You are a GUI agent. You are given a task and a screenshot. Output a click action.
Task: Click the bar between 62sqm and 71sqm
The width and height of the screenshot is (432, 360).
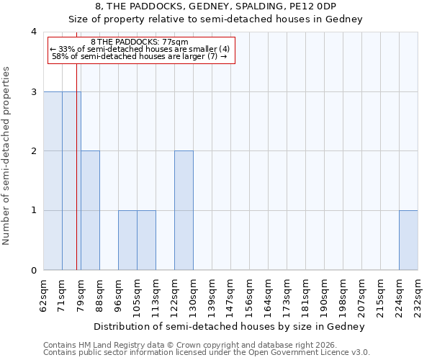[53, 181]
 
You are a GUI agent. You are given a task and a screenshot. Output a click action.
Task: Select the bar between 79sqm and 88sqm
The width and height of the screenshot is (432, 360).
[90, 210]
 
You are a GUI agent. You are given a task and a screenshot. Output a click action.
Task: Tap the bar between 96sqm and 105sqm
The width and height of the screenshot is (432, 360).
[127, 240]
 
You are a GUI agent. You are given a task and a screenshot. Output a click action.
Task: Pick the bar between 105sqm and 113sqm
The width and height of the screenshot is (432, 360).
[146, 240]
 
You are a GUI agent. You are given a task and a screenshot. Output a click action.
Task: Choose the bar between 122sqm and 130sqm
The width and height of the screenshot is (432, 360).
[184, 210]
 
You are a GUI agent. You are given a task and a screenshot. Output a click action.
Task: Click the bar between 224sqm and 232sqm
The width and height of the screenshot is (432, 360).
[408, 240]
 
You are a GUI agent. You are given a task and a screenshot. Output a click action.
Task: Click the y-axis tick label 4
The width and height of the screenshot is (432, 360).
[33, 32]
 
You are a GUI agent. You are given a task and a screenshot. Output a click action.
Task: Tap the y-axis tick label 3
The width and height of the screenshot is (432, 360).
[33, 91]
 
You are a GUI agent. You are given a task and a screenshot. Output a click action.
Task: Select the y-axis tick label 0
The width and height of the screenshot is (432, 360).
[33, 270]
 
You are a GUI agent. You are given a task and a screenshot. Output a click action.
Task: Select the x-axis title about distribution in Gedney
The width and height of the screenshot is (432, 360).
[230, 326]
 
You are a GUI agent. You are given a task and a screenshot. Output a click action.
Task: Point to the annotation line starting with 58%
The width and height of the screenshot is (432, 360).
[140, 56]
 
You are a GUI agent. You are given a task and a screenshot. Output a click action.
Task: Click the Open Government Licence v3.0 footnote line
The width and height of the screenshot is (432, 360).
[207, 353]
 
